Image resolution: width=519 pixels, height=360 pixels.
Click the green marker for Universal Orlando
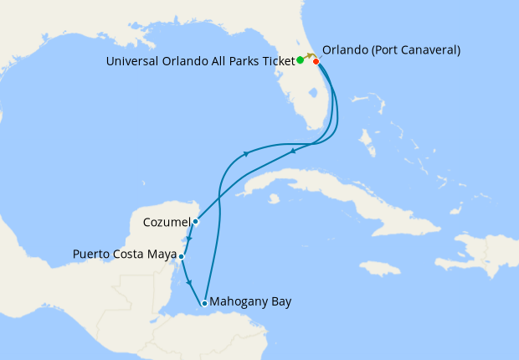[301, 60]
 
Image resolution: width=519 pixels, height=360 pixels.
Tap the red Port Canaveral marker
[316, 61]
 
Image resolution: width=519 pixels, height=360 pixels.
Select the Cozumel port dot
[195, 222]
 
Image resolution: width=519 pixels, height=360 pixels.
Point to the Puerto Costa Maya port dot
[181, 255]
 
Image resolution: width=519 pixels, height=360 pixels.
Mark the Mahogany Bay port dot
[204, 303]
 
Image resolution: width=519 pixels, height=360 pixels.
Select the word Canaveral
[425, 50]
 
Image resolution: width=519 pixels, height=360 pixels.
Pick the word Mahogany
[239, 301]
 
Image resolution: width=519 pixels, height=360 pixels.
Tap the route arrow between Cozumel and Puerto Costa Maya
[190, 239]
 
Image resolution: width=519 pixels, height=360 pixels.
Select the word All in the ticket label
[211, 61]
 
